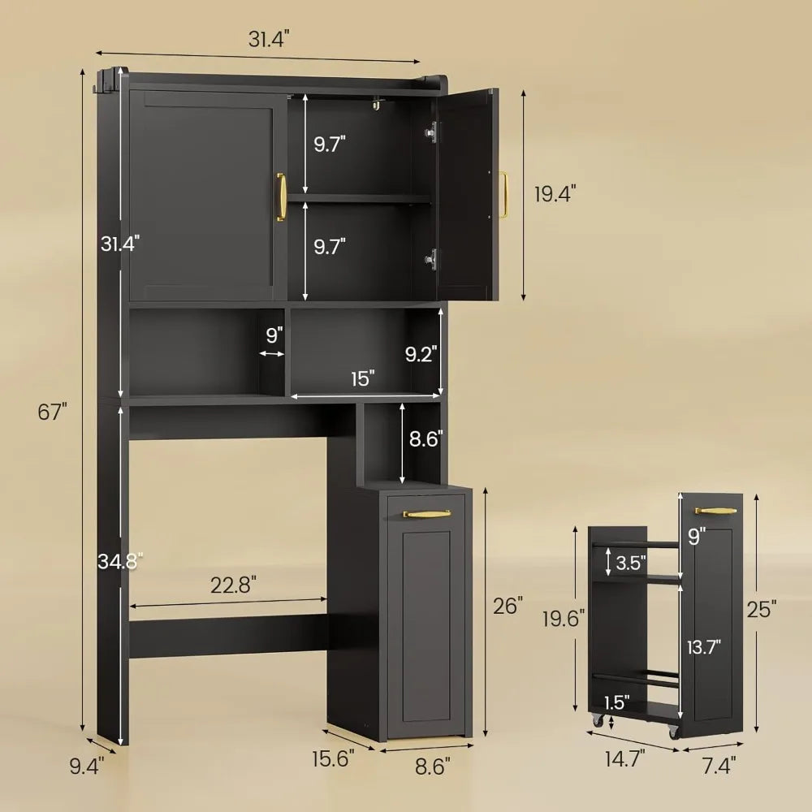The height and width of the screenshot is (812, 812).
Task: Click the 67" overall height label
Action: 50,412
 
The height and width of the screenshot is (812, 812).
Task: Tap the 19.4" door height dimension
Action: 556,194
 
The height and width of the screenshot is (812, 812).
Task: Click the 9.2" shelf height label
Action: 421,353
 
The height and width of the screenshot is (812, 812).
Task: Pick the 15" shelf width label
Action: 363,378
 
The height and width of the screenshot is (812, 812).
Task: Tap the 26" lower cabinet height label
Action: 508,605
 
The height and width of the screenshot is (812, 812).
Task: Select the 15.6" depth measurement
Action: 333,760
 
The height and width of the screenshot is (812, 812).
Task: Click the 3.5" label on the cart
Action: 631,562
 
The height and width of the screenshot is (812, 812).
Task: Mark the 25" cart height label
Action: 763,607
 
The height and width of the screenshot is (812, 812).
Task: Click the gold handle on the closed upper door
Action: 281,197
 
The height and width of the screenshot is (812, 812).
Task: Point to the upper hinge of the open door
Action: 433,129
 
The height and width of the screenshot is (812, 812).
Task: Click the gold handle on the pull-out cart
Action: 715,511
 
